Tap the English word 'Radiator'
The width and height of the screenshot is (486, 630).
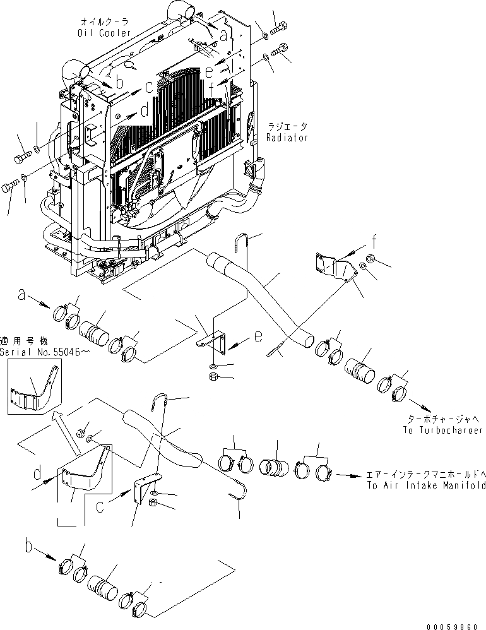pos(287,137)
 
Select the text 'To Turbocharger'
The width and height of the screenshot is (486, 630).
pos(442,431)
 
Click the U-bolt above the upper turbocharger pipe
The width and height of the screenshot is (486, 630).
pos(243,243)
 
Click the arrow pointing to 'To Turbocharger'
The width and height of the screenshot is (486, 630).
pos(418,407)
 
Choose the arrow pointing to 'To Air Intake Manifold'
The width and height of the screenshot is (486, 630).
pos(349,475)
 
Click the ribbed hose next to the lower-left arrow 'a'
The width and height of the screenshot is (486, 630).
pos(93,330)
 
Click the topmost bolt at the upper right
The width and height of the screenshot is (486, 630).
pos(278,29)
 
